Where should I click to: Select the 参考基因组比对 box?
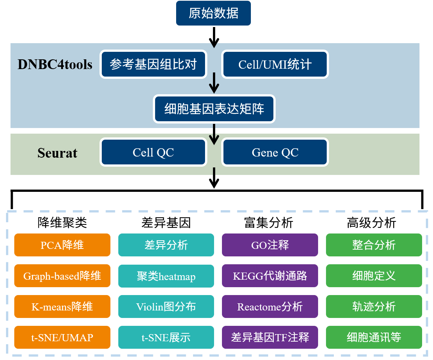pyautogui.click(x=154, y=64)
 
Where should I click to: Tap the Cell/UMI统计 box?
pyautogui.click(x=275, y=64)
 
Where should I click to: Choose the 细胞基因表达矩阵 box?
pyautogui.click(x=214, y=108)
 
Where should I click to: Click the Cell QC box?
pyautogui.click(x=153, y=152)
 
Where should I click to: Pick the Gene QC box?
pyautogui.click(x=275, y=152)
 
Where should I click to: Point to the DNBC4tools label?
pyautogui.click(x=55, y=65)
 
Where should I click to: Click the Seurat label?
pyautogui.click(x=57, y=153)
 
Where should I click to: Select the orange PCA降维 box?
pyautogui.click(x=62, y=245)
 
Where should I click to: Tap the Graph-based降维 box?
pyautogui.click(x=62, y=276)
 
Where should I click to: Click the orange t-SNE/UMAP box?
pyautogui.click(x=62, y=337)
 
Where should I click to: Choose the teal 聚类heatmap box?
pyautogui.click(x=166, y=276)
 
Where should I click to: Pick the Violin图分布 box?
pyautogui.click(x=166, y=306)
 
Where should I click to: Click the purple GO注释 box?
pyautogui.click(x=270, y=245)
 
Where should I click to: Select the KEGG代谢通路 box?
pyautogui.click(x=270, y=276)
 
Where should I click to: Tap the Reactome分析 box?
pyautogui.click(x=270, y=306)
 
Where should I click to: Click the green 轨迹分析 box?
pyautogui.click(x=374, y=306)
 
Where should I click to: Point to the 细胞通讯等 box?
pyautogui.click(x=374, y=337)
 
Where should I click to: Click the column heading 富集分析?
pyautogui.click(x=269, y=223)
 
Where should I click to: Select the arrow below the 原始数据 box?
pyautogui.click(x=214, y=37)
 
